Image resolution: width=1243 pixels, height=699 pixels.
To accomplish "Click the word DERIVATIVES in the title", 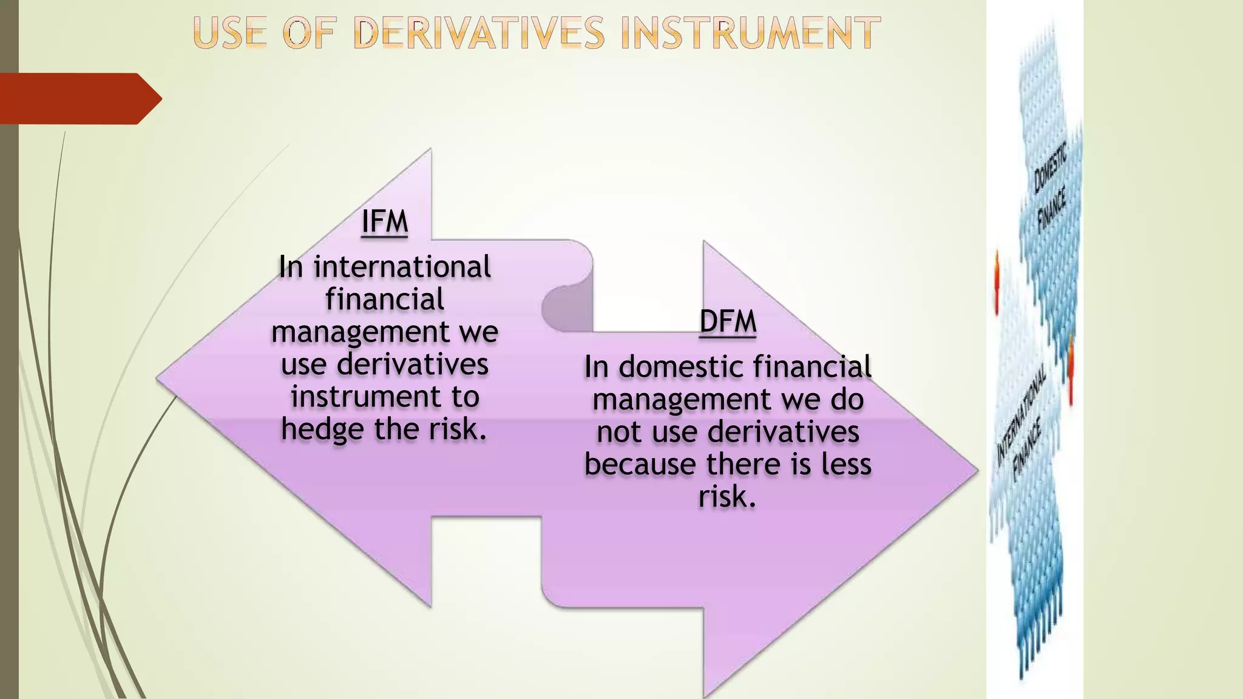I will pyautogui.click(x=479, y=33).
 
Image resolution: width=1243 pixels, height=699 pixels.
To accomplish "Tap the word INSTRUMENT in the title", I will pyautogui.click(x=751, y=33).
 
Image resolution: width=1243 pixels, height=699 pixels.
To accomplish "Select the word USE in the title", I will pyautogui.click(x=230, y=33).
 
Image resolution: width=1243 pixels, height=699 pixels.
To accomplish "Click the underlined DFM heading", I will pyautogui.click(x=728, y=321).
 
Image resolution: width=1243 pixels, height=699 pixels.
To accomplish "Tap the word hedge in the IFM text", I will pyautogui.click(x=322, y=430).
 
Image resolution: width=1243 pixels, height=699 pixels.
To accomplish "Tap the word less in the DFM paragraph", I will pyautogui.click(x=846, y=465).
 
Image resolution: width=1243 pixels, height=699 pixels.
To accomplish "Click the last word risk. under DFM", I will pyautogui.click(x=727, y=497).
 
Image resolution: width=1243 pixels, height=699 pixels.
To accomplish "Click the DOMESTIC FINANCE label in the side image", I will pyautogui.click(x=1051, y=188).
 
